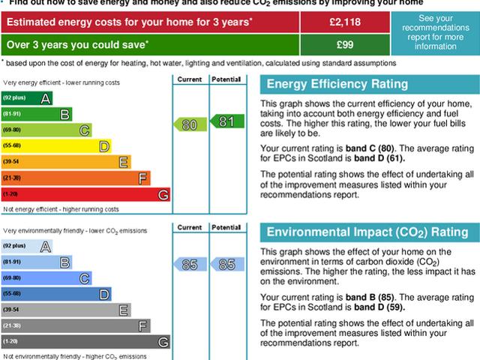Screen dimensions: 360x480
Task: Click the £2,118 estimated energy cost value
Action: click(x=345, y=22)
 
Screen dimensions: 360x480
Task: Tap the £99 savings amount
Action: click(x=345, y=45)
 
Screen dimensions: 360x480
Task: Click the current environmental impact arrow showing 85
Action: click(x=190, y=264)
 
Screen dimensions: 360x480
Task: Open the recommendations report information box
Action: click(x=436, y=32)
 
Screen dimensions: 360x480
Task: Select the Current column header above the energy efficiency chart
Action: click(x=190, y=78)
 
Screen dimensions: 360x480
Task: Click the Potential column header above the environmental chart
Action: click(x=226, y=226)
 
